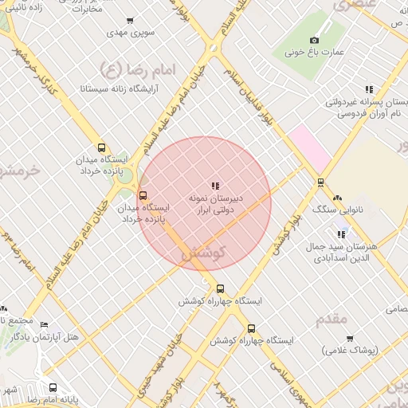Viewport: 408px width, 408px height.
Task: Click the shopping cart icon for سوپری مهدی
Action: pos(131,21)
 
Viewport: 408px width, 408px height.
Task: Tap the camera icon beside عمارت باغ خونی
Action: pos(315,40)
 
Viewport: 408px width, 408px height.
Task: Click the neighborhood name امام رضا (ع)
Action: pos(122,68)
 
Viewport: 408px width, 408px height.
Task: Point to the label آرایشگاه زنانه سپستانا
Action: pos(120,88)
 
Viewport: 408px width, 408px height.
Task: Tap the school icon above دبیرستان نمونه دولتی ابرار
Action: pos(215,185)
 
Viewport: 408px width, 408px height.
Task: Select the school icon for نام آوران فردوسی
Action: pos(368,90)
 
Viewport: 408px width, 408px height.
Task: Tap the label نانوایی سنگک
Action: pos(338,210)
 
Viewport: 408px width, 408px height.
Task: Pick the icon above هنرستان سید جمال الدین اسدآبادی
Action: pos(342,234)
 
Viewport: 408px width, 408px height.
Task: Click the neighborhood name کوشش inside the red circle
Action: pos(205,253)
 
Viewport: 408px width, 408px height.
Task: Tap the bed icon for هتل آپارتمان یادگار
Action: pos(44,325)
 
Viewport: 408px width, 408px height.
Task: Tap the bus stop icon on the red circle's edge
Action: pos(143,195)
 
